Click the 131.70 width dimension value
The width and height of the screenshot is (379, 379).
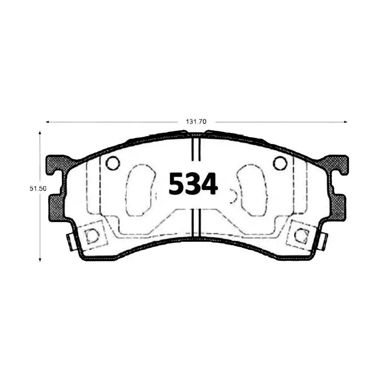pyautogui.click(x=196, y=122)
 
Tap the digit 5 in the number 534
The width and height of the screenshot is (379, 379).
pyautogui.click(x=177, y=184)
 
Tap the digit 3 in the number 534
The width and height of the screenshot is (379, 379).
pyautogui.click(x=193, y=184)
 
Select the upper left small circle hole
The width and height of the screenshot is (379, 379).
pyautogui.click(x=113, y=163)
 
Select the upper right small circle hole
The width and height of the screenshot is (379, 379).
pyautogui.click(x=280, y=163)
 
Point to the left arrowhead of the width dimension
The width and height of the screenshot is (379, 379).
pyautogui.click(x=47, y=122)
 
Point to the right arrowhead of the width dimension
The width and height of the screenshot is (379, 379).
pyautogui.click(x=346, y=122)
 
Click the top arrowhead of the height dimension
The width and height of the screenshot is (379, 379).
pyautogui.click(x=40, y=133)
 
